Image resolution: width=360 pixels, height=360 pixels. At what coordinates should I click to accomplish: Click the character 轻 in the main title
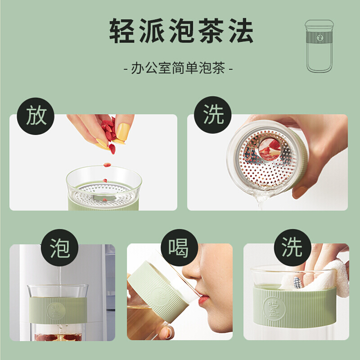122,31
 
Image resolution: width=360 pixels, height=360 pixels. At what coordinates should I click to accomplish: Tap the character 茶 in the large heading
211,31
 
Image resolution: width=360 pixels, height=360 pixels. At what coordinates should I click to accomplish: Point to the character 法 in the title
241,31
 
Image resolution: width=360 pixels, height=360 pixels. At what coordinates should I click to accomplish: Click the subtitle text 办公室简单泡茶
178,68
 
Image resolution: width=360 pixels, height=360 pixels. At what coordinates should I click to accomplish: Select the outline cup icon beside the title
319,46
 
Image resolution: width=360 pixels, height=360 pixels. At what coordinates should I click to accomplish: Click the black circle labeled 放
36,116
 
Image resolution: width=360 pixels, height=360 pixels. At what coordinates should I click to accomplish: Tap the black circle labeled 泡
60,248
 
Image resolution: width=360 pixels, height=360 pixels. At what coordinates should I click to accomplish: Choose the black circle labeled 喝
179,248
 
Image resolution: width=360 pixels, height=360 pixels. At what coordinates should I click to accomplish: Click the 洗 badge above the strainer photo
212,115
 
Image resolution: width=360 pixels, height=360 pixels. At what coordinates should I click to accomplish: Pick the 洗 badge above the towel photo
292,248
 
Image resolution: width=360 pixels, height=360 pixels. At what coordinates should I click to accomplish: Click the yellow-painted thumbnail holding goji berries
123,131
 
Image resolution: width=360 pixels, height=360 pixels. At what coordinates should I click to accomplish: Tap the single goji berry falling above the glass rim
107,165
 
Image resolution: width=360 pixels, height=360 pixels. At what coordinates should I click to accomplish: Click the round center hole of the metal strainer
270,149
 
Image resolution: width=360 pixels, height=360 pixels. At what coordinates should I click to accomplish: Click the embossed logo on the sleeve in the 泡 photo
56,310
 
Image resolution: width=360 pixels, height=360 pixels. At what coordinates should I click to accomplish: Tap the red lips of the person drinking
203,300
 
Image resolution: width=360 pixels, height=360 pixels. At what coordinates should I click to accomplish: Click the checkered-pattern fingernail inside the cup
297,282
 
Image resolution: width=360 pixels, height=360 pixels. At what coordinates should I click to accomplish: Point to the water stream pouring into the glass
59,275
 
